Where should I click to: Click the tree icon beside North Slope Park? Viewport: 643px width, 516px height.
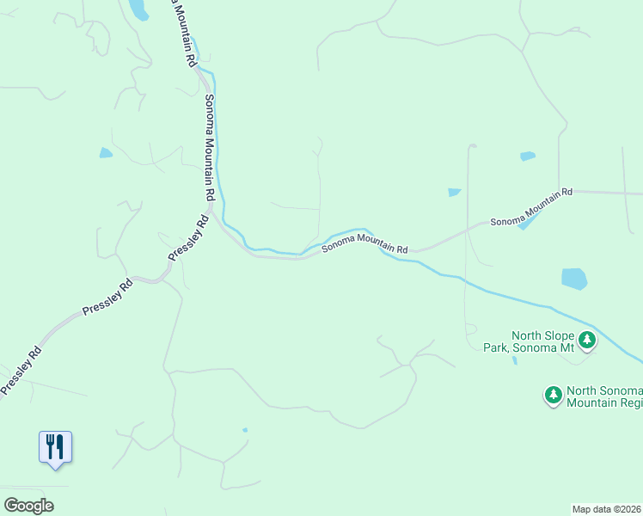(x=587, y=341)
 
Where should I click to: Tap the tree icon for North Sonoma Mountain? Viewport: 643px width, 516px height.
(x=553, y=396)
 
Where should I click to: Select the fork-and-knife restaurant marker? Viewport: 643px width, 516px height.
(x=56, y=447)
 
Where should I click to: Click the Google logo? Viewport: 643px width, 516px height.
(x=28, y=506)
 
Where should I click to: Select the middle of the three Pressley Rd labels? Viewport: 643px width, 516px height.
(x=107, y=297)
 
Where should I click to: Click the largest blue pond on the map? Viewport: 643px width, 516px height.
(x=573, y=279)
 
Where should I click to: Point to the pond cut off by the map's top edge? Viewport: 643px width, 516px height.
(x=138, y=9)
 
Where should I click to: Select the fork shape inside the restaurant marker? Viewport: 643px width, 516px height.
(x=51, y=445)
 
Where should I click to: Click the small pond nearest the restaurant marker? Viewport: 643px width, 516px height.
(x=245, y=430)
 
